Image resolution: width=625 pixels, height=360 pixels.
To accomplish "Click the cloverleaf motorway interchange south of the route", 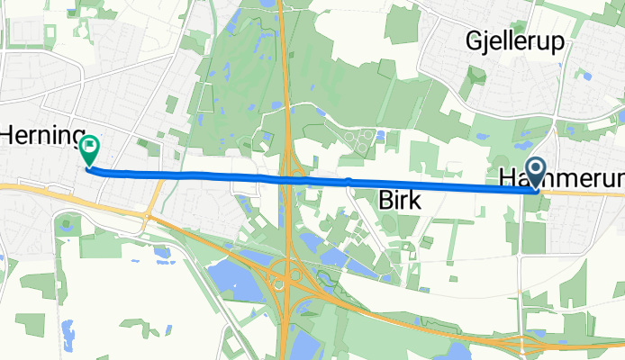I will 289,274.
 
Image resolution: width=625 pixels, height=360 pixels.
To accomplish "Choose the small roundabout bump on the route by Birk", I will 348,183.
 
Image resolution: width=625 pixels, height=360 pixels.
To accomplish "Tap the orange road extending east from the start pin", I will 585,193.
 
